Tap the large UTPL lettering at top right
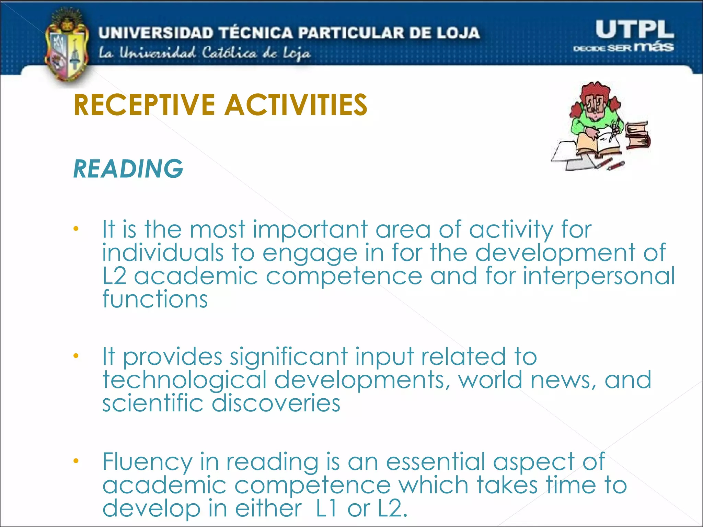click(634, 30)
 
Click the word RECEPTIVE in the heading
click(144, 105)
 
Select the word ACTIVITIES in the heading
click(296, 105)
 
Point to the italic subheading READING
click(128, 169)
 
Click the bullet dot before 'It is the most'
click(76, 228)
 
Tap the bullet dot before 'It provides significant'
click(76, 355)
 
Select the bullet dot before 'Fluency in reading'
click(76, 461)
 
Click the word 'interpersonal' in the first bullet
click(599, 276)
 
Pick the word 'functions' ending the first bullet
click(155, 299)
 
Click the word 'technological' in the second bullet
click(184, 380)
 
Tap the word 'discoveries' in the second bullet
click(276, 403)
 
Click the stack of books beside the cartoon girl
click(637, 136)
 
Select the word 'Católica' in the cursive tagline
click(229, 53)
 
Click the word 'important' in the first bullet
click(310, 230)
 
